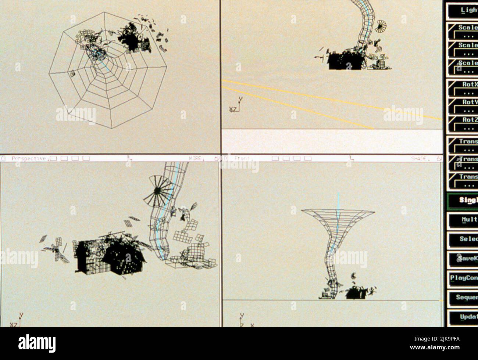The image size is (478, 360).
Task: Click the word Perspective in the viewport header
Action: (x=29, y=159)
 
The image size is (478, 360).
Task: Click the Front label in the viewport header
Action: (x=242, y=159)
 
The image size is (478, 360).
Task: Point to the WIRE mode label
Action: (x=195, y=159)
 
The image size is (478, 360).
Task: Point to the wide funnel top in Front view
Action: (x=338, y=213)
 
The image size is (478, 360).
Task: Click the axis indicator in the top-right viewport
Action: (x=236, y=105)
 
